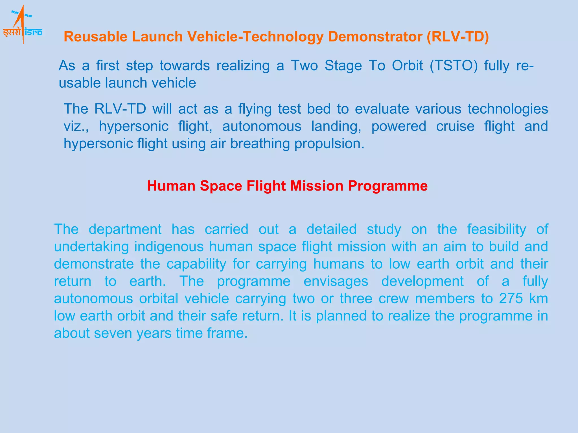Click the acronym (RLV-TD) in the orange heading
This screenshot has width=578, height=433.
(457, 37)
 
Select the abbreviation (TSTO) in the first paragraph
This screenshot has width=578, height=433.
(454, 66)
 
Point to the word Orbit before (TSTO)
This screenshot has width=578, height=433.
(407, 66)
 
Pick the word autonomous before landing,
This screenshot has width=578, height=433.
(262, 126)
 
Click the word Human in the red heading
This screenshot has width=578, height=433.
(171, 186)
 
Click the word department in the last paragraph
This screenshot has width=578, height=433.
(125, 229)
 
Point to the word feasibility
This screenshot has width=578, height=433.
(496, 229)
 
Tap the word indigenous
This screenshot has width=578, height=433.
(169, 247)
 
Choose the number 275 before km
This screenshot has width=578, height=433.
(511, 299)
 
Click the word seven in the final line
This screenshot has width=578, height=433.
(113, 333)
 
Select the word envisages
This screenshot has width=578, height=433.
(336, 281)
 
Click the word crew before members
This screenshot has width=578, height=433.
(393, 299)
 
